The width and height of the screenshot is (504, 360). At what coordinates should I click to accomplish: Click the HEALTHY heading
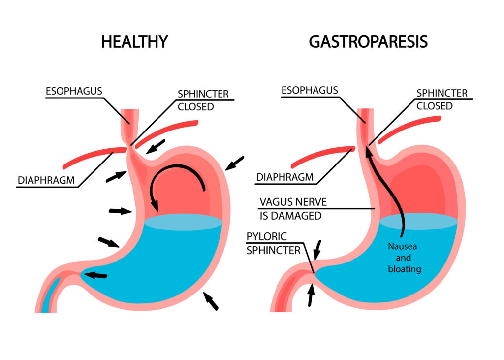(x=134, y=42)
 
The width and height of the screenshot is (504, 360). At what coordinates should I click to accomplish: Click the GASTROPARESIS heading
(x=368, y=42)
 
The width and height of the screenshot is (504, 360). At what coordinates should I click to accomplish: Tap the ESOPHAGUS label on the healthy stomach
(x=74, y=91)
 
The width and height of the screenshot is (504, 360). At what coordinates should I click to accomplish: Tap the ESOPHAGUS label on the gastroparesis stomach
(x=309, y=90)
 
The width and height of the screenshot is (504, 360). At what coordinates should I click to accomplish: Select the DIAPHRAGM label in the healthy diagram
(x=46, y=180)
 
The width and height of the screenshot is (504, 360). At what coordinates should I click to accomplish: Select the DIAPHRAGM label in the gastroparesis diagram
(x=284, y=177)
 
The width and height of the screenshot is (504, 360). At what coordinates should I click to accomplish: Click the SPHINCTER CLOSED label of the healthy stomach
(x=195, y=99)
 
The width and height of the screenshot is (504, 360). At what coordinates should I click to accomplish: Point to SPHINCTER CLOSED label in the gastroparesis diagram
(x=435, y=99)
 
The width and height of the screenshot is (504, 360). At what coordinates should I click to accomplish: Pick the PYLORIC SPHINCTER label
(x=273, y=243)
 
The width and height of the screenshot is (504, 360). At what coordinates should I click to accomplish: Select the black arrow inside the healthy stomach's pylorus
(x=96, y=275)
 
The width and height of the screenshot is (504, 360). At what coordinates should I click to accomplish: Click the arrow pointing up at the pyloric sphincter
(x=311, y=295)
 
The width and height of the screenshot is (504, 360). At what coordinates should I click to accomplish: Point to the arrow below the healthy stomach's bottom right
(x=211, y=300)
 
